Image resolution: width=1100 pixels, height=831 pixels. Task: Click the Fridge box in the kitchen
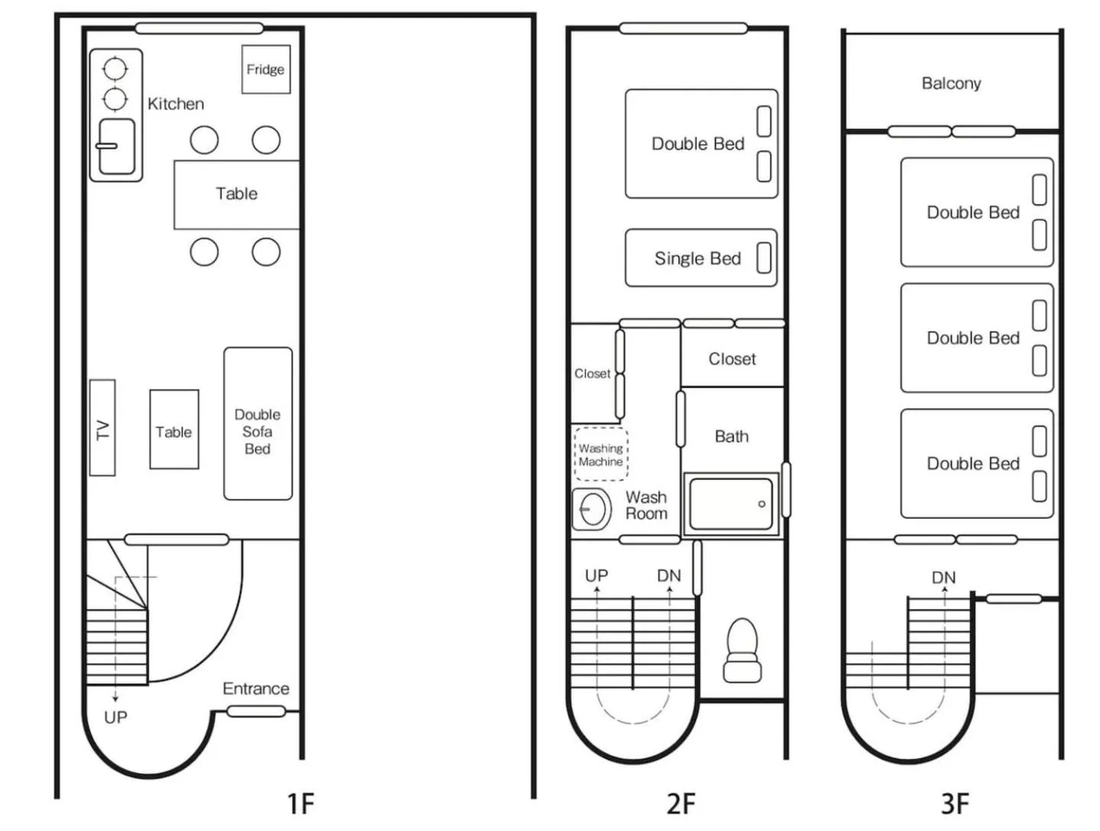coord(266,70)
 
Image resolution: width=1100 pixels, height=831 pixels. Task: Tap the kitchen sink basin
coord(117,146)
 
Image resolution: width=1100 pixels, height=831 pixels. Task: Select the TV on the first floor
coord(102,428)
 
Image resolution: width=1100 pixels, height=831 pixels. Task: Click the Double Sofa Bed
coord(257,425)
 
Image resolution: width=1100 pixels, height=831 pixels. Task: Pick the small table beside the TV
coord(174,429)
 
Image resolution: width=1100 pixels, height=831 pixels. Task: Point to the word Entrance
coord(256,688)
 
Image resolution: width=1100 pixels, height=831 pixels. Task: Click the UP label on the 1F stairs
coord(115,717)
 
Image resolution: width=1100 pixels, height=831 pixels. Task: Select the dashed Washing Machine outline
coord(600,454)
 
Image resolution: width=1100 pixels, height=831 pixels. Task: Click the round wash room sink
coord(592,509)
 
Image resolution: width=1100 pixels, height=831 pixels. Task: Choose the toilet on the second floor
coord(742,649)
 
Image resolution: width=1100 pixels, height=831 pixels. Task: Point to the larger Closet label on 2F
coord(732,359)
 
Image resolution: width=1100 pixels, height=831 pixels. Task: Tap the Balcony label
coord(951,82)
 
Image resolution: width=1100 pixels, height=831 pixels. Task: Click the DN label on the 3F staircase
coord(943,577)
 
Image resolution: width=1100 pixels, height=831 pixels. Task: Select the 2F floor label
coord(681,804)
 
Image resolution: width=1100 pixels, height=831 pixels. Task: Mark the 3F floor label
coord(955,804)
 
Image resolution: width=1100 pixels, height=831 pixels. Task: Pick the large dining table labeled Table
coord(236,194)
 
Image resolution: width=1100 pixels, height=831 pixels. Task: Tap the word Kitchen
coord(176,104)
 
